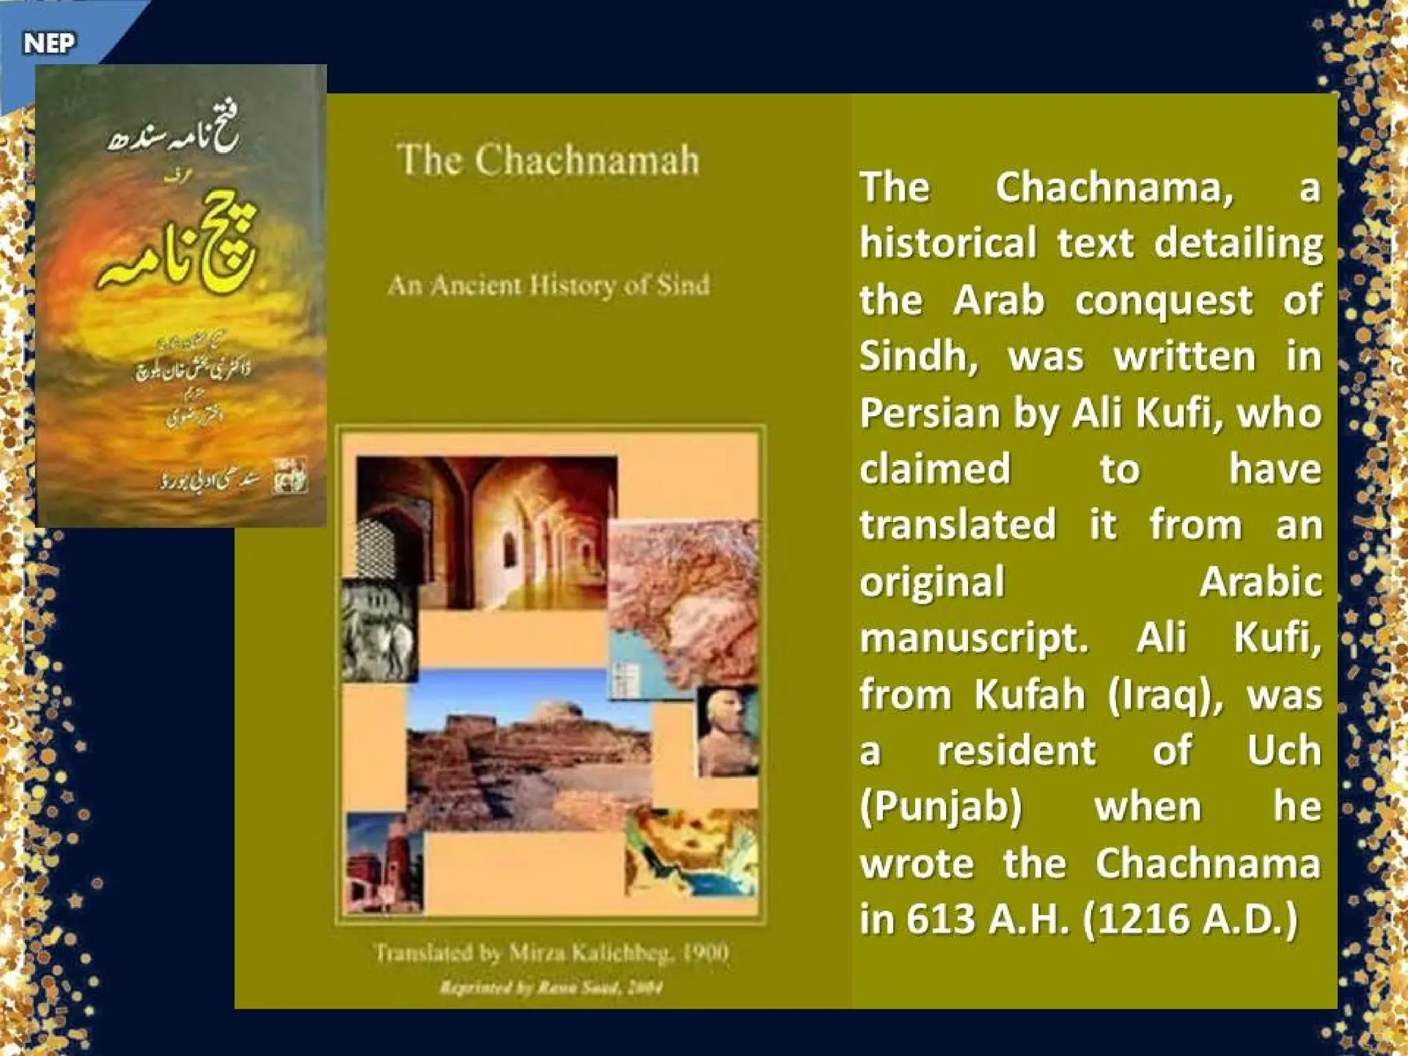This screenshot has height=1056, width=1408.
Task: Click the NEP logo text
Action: click(49, 43)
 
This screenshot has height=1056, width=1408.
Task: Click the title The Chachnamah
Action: click(548, 160)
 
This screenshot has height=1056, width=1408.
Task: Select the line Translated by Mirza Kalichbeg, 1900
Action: click(551, 953)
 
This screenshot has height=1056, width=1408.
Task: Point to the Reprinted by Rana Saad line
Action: click(551, 988)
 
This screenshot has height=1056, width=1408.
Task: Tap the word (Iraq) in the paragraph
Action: click(1166, 695)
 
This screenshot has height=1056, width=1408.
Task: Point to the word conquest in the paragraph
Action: click(1163, 300)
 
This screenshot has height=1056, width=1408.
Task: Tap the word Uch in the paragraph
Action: click(1284, 751)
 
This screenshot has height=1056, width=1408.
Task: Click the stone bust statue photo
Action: click(727, 731)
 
